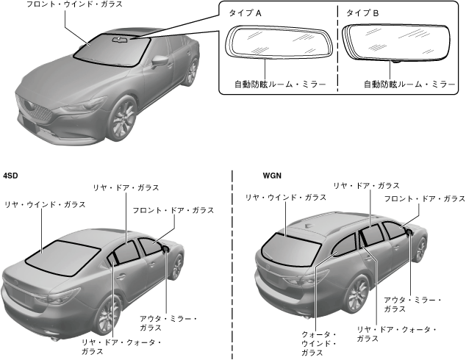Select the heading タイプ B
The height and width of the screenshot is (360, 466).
coord(358,13)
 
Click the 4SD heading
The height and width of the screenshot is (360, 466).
coord(11,176)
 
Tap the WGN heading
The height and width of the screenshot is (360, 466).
coord(273,176)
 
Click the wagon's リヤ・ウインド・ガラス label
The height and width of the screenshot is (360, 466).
coord(286,198)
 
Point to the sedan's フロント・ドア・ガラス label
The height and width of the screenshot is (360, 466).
coord(173,210)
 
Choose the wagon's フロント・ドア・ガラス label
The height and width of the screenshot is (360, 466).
coord(424,199)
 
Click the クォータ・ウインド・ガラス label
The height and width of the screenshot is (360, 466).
coord(319,343)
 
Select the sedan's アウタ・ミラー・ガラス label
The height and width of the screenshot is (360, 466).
coord(168,323)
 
